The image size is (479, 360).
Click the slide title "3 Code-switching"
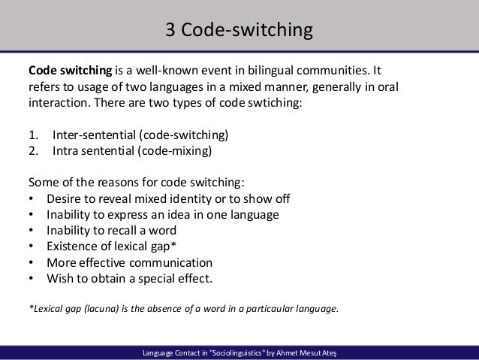[x=238, y=31]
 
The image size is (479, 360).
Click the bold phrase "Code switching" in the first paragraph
[x=70, y=73]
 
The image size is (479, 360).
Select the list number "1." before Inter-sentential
[x=33, y=136]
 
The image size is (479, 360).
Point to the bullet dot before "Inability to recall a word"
[x=31, y=231]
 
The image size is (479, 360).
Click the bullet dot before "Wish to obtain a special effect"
[x=31, y=279]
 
